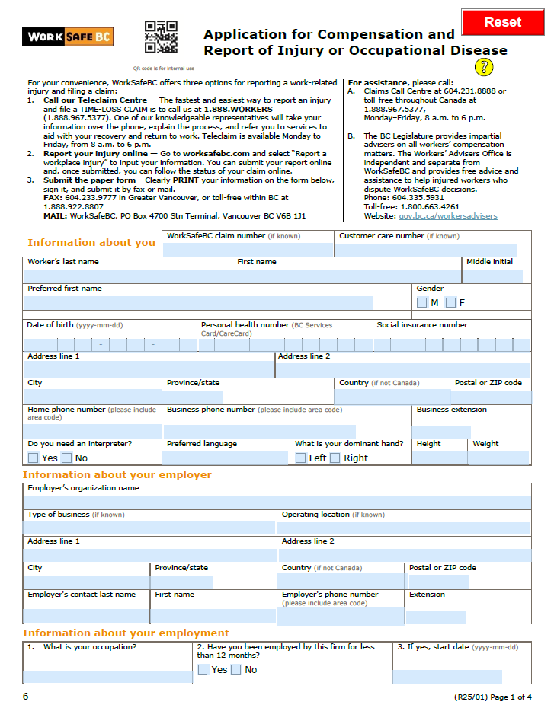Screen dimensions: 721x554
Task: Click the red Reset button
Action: coord(503,22)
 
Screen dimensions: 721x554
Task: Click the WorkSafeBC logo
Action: coord(69,37)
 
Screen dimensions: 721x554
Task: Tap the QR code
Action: coord(161,37)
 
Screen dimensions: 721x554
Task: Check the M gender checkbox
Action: coord(422,303)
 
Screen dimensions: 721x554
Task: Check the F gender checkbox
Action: coord(451,303)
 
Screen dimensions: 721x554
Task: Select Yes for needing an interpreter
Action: coord(33,458)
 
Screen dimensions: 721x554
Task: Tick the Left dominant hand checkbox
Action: coord(300,458)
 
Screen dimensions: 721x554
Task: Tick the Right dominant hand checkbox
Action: coord(335,458)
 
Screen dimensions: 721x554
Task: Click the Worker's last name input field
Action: coord(127,276)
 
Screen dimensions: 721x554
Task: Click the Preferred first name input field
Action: coord(198,302)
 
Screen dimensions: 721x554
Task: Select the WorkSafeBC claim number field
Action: coord(249,249)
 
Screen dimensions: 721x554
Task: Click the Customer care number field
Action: coord(428,249)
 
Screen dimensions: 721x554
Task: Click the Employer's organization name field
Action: coord(277,502)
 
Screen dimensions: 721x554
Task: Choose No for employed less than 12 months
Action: coord(236,670)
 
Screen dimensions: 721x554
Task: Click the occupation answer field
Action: coord(107,676)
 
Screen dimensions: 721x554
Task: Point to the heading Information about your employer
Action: coord(117,475)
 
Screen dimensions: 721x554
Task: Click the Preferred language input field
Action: coord(226,458)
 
